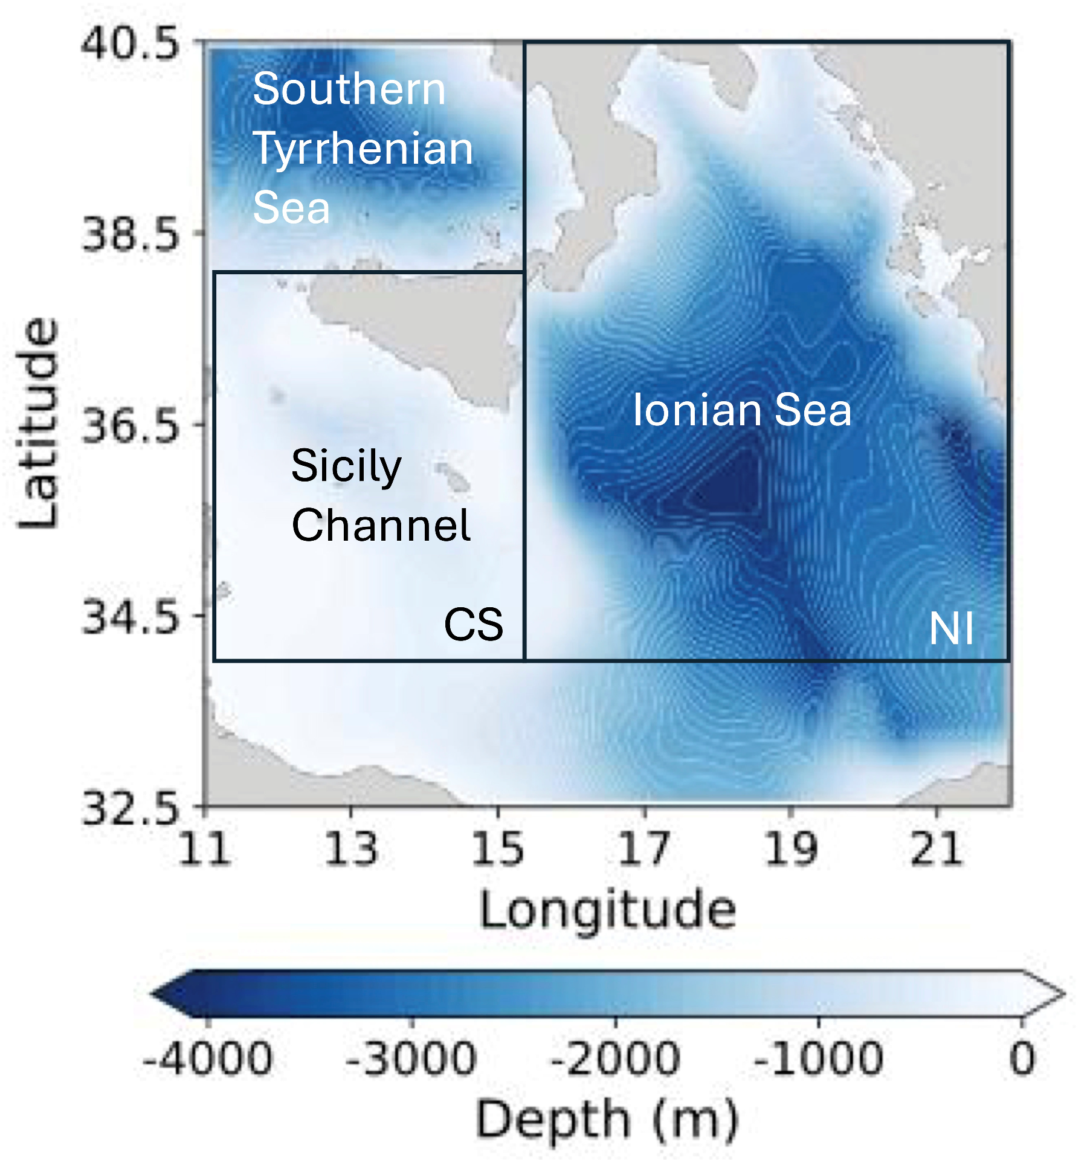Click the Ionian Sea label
coord(741,410)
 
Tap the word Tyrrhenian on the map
coord(363,149)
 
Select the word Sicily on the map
coord(346,466)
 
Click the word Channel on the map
coord(381,525)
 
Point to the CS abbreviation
coord(473,624)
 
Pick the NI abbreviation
coord(951,629)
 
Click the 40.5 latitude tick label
coord(130,43)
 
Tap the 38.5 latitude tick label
coord(130,234)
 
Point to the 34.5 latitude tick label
coord(130,616)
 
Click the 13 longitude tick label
coord(351,849)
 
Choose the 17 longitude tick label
coord(644,849)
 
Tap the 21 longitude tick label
coord(936,849)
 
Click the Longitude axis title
coord(607,910)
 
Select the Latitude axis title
coord(37,423)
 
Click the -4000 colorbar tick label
coord(207,1059)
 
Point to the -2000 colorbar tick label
coord(615,1059)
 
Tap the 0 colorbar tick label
coord(1022,1059)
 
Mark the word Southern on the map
coord(349,89)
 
